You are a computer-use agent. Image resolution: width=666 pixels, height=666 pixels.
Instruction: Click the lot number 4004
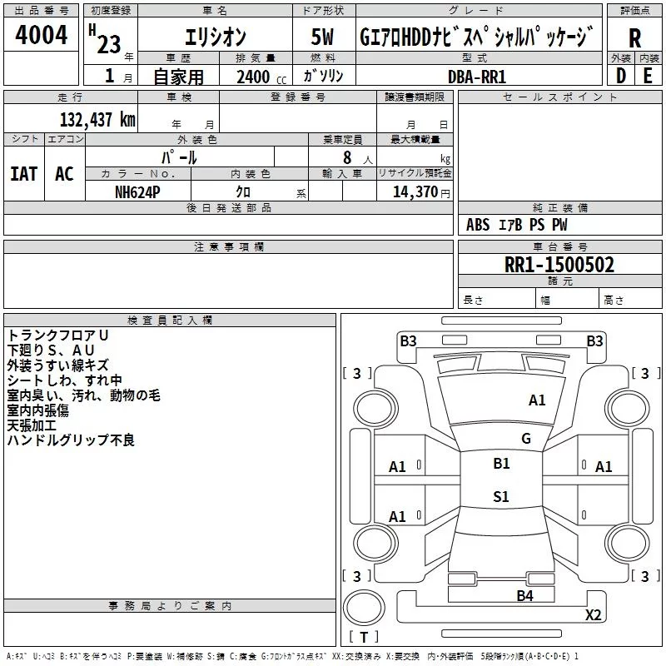[x=41, y=35]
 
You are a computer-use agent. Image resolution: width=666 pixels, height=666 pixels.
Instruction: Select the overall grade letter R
[x=634, y=38]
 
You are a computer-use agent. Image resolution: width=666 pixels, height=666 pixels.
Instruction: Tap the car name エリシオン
[x=216, y=37]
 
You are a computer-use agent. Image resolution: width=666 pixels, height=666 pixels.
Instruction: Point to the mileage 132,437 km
[x=97, y=119]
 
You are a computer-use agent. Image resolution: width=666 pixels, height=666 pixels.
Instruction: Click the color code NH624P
[x=137, y=192]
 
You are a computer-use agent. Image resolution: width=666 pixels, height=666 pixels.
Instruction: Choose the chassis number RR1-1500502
[x=559, y=265]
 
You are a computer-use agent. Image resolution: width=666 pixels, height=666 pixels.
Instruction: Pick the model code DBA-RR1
[x=477, y=77]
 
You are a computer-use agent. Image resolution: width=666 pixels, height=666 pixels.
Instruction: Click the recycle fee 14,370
[x=415, y=191]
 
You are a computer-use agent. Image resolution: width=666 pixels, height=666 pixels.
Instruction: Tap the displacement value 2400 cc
[x=261, y=77]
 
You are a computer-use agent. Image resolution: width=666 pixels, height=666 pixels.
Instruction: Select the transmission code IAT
[x=24, y=174]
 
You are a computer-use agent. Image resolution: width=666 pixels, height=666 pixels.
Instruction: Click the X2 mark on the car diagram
[x=593, y=614]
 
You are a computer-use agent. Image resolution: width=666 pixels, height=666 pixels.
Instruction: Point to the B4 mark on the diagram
[x=525, y=595]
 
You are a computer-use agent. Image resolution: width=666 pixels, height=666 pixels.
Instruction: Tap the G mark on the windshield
[x=526, y=438]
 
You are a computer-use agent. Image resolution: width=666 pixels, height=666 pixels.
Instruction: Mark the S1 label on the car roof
[x=501, y=496]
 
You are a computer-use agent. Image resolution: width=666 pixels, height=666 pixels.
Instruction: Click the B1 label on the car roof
[x=501, y=463]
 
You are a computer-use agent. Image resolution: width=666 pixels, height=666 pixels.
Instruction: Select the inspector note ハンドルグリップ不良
[x=71, y=440]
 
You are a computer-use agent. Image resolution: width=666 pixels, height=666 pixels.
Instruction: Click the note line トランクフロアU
[x=57, y=335]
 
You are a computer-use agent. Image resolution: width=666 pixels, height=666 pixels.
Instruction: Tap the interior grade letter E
[x=648, y=76]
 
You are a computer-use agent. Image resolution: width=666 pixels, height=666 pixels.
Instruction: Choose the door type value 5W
[x=322, y=37]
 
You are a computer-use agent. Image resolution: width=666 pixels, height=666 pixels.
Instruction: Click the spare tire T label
[x=364, y=637]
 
